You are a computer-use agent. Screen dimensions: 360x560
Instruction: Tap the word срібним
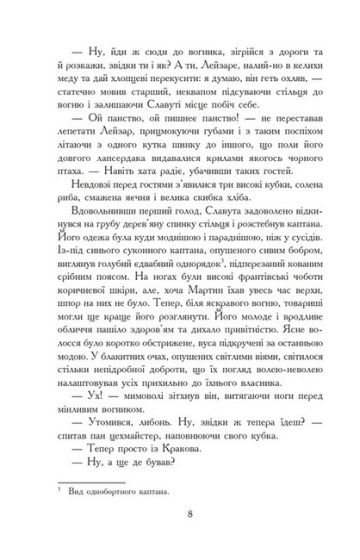67,327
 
